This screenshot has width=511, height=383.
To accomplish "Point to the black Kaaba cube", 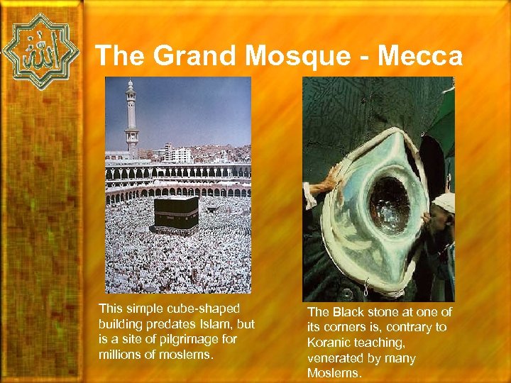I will click(x=175, y=214).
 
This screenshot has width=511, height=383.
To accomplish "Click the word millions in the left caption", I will click(x=120, y=354).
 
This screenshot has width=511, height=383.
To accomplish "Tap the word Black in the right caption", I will click(x=348, y=313).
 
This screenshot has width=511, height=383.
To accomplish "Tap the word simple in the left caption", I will click(x=141, y=309).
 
